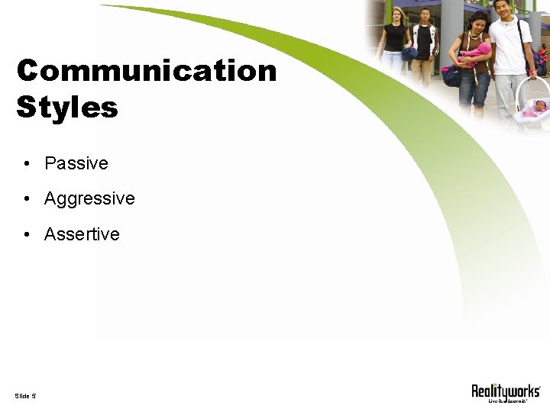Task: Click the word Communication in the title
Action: click(146, 71)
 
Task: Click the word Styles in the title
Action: click(67, 107)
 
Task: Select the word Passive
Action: click(76, 163)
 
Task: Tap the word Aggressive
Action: click(89, 199)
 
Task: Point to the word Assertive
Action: click(82, 234)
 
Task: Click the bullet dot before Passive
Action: click(27, 164)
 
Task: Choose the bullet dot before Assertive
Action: click(27, 235)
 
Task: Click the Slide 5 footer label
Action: click(25, 395)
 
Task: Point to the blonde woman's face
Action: click(396, 14)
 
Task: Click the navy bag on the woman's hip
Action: click(451, 75)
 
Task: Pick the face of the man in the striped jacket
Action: click(425, 16)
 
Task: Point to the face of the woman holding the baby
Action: click(477, 23)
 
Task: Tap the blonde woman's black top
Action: click(396, 38)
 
